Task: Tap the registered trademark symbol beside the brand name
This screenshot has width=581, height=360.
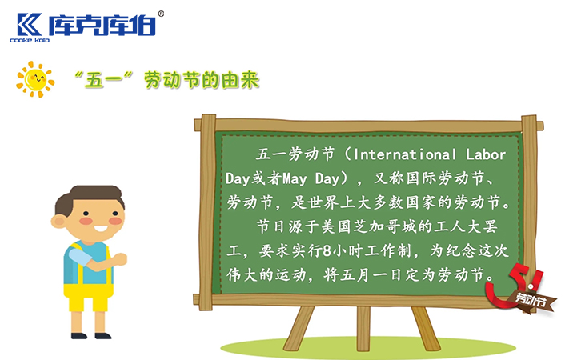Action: tap(161, 14)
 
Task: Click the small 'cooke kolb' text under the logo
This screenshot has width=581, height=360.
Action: tap(30, 40)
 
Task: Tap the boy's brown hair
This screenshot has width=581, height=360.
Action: tap(95, 196)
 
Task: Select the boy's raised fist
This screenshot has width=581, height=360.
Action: tap(120, 258)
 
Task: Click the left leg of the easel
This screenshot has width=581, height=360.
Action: tap(297, 330)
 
